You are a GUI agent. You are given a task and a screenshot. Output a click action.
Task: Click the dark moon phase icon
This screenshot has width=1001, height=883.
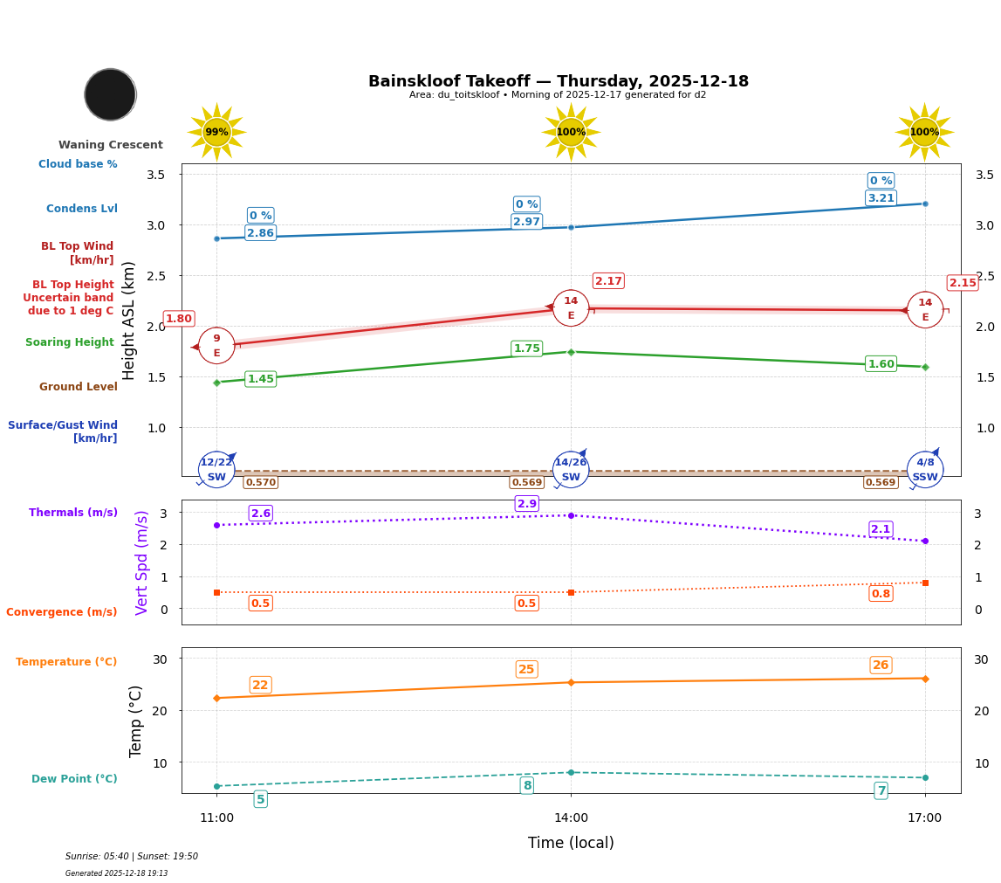[x=110, y=94]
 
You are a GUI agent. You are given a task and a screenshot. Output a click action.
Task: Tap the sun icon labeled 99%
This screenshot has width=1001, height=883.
[x=216, y=133]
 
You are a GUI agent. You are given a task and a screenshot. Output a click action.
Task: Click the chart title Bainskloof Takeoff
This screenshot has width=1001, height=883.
[x=558, y=81]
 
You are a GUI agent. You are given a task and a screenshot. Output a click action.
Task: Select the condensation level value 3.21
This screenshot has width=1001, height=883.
[x=881, y=198]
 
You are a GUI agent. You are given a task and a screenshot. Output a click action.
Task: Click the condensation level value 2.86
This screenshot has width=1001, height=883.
[x=260, y=233]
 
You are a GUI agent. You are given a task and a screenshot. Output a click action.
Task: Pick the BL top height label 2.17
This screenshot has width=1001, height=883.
[x=608, y=281]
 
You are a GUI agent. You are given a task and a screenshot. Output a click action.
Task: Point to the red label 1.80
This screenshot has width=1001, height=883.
[x=179, y=319]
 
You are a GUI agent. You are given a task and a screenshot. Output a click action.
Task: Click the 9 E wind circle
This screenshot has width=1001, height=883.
[x=216, y=346]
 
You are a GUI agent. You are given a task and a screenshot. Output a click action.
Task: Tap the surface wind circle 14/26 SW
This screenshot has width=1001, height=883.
[x=571, y=470]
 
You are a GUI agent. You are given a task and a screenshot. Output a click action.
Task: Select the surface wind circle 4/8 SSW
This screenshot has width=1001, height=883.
[x=924, y=470]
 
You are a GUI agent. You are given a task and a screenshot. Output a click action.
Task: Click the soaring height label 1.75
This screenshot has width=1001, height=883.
[x=526, y=348]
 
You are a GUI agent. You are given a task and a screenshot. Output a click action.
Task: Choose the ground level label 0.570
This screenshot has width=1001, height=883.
[x=260, y=482]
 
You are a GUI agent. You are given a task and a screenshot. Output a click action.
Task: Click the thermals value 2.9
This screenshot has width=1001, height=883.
[x=526, y=504]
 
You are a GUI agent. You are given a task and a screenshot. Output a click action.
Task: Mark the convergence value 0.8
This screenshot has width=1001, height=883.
[x=881, y=594]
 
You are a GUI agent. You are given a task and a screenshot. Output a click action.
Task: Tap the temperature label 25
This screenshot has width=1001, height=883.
[x=526, y=670]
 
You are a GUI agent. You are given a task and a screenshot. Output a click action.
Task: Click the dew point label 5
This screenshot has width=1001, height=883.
[x=260, y=799]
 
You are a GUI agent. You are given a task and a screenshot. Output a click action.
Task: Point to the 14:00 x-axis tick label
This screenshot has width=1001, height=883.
[x=571, y=818]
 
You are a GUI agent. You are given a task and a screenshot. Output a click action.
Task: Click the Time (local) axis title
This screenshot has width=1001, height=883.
[x=571, y=843]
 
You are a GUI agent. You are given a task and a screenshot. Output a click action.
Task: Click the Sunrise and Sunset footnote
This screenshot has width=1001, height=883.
[x=132, y=857]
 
